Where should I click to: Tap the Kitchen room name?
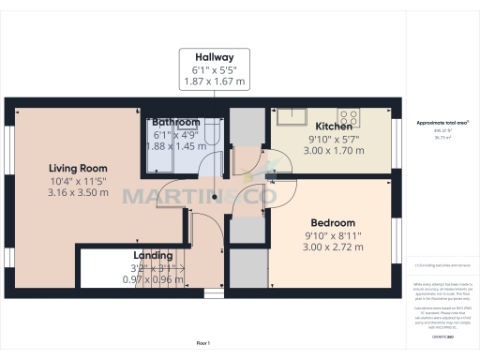333,126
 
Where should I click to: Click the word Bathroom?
176,122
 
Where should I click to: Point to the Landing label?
152,255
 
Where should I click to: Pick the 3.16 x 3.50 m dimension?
79,193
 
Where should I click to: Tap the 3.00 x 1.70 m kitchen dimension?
333,149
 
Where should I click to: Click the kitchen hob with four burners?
349,117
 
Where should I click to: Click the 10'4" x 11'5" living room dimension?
79,181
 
